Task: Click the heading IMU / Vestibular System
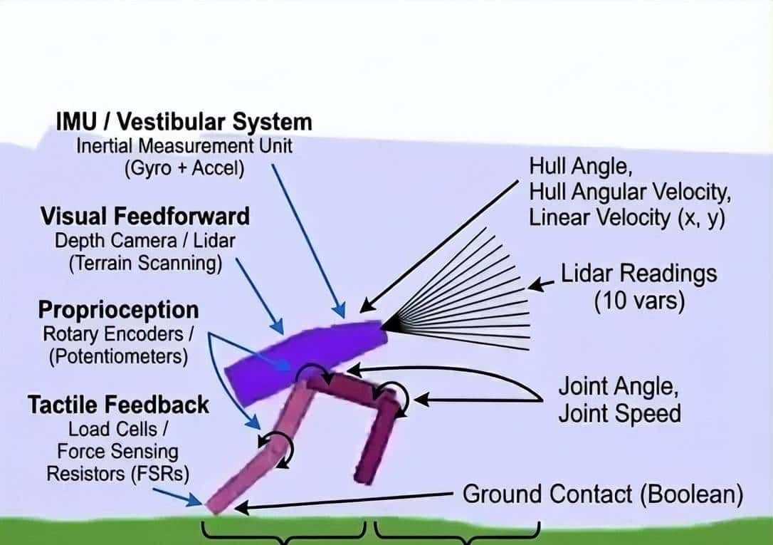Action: [184, 122]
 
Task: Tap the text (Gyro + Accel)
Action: [184, 170]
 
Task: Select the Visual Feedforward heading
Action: [145, 215]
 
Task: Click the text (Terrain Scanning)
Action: [145, 263]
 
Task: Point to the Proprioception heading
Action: [118, 310]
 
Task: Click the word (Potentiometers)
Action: [118, 356]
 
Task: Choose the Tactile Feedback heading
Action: [118, 405]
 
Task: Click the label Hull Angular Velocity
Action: [629, 192]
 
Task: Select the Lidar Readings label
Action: [638, 274]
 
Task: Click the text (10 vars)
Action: [638, 301]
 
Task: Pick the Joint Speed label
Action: [619, 413]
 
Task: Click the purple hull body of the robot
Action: [306, 353]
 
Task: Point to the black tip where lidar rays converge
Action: [389, 325]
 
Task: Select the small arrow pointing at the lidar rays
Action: [540, 285]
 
